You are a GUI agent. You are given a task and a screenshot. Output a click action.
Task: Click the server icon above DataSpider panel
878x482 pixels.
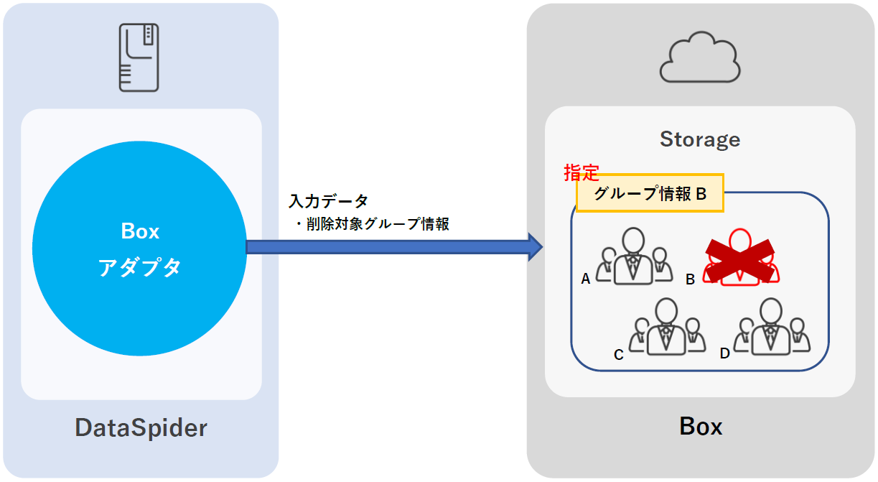tap(139, 57)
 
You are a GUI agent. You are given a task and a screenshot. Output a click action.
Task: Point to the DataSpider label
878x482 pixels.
tap(141, 428)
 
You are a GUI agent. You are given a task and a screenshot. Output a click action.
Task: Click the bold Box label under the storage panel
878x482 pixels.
tap(700, 427)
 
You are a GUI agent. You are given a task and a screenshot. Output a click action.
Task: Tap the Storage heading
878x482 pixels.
tap(699, 139)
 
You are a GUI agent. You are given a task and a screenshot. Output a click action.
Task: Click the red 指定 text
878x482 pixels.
tap(581, 173)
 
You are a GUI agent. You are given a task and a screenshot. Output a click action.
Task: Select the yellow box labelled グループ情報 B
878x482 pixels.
tap(650, 194)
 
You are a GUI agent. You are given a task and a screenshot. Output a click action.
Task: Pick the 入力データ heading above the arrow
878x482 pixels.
tap(328, 201)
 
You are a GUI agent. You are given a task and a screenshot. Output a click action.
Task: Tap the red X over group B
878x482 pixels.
tap(741, 259)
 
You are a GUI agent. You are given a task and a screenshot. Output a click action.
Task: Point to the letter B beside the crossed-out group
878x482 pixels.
tap(690, 279)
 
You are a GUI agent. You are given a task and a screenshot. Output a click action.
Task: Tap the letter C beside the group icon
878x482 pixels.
tap(618, 353)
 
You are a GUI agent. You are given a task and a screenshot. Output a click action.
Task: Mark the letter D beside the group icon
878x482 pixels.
tap(724, 353)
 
